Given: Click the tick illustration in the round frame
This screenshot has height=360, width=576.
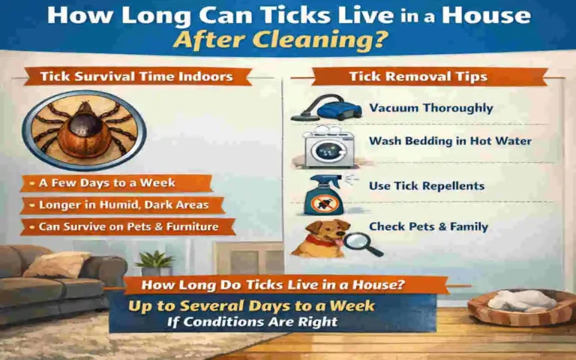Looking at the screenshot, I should point(83,129).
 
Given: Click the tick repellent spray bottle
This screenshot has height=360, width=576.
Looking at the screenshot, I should point(323,194).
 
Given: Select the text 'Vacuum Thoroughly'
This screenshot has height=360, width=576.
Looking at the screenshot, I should point(430,108).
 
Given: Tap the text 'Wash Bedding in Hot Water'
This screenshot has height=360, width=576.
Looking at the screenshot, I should point(450,141).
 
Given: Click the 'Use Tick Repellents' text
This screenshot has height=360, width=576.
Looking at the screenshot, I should point(426,185).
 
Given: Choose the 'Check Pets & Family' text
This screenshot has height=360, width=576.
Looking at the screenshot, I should point(428,226).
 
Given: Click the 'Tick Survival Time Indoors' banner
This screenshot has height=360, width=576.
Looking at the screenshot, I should point(136,76).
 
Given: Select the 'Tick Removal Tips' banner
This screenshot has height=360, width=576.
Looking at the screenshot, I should point(428,76).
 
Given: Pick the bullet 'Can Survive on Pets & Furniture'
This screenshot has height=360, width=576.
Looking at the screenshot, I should point(128,226).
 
